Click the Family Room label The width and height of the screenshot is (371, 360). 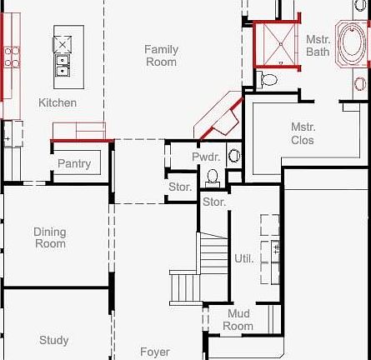161,56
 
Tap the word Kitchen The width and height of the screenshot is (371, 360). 58,102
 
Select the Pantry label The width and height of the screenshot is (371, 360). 74,163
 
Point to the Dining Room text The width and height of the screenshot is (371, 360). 50,237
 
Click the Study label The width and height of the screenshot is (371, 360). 54,340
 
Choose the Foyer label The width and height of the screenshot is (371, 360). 154,352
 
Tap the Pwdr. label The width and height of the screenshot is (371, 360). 205,157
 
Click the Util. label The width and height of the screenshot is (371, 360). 243,258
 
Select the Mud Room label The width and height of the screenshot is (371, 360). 238,320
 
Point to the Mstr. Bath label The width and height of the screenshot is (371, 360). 318,45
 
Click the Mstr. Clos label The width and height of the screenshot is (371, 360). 303,133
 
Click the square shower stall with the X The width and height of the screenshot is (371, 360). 275,44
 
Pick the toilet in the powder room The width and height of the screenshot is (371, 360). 213,177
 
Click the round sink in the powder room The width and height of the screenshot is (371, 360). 234,155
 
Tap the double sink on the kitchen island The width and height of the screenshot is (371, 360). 63,65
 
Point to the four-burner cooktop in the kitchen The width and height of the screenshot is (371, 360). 12,57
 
